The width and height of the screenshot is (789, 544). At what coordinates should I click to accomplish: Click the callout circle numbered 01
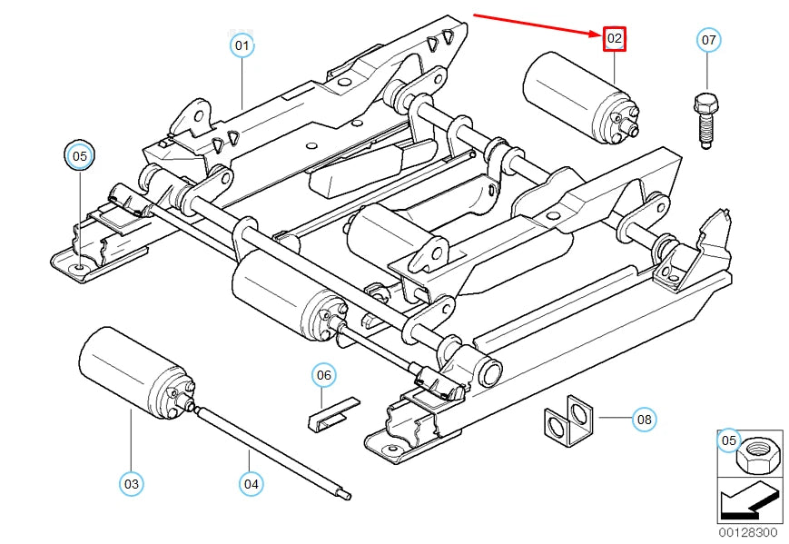click(242, 44)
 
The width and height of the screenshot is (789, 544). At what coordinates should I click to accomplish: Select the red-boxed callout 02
click(615, 38)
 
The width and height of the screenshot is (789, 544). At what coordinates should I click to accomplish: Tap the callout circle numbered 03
click(132, 484)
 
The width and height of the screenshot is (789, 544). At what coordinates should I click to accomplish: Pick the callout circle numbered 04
click(251, 484)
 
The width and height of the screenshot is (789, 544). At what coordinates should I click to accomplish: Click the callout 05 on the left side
click(80, 156)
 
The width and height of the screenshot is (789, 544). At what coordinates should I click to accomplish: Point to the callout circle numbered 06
click(324, 374)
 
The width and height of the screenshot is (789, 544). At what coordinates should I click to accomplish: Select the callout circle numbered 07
click(709, 40)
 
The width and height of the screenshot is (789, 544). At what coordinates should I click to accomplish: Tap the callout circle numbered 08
click(643, 419)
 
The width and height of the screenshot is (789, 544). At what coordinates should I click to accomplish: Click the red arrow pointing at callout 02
click(536, 25)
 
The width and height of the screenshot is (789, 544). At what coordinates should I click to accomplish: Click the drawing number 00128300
click(748, 531)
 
